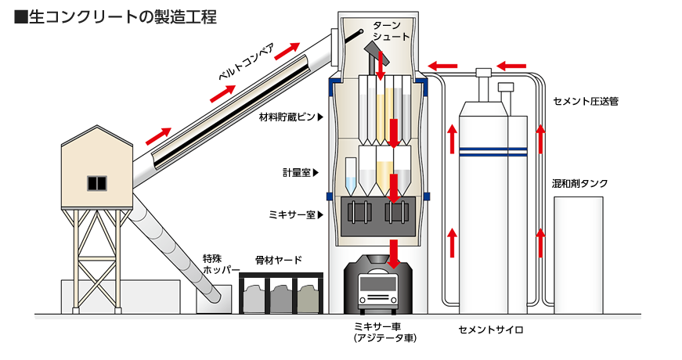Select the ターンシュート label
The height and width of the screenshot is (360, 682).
tap(386, 31)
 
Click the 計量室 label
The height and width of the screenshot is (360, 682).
tap(297, 173)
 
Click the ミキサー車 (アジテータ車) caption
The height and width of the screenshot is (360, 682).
tap(384, 332)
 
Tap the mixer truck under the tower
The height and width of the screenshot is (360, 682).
tap(384, 284)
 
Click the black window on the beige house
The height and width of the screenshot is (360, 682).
tap(96, 183)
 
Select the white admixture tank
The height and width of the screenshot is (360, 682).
tap(578, 254)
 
